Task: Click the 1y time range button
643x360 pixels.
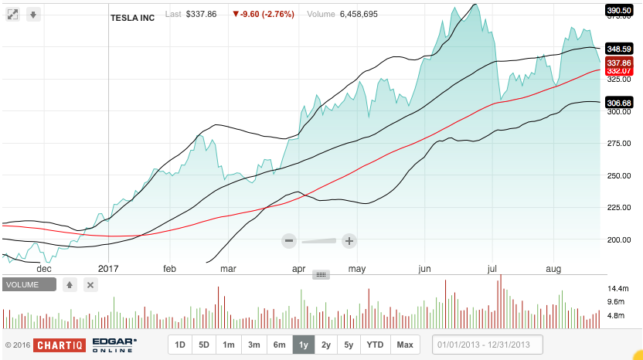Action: coord(304,345)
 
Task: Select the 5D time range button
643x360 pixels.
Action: coord(204,345)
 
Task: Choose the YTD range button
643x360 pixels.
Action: coord(376,345)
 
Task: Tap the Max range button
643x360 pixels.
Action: coord(405,345)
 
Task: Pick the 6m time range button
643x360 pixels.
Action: coord(279,345)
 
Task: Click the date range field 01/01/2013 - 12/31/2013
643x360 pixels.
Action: coord(488,345)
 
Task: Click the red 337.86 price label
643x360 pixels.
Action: coord(621,63)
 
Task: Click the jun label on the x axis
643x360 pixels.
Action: coord(424,269)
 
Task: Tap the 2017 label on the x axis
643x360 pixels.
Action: coord(109,269)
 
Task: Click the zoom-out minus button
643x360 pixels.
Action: coord(289,240)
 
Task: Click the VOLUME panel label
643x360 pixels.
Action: coord(29,284)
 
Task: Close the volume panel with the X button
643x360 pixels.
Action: coord(90,284)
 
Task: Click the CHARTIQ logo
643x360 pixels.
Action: coord(59,345)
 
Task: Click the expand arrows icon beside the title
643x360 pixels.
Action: coord(12,14)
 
